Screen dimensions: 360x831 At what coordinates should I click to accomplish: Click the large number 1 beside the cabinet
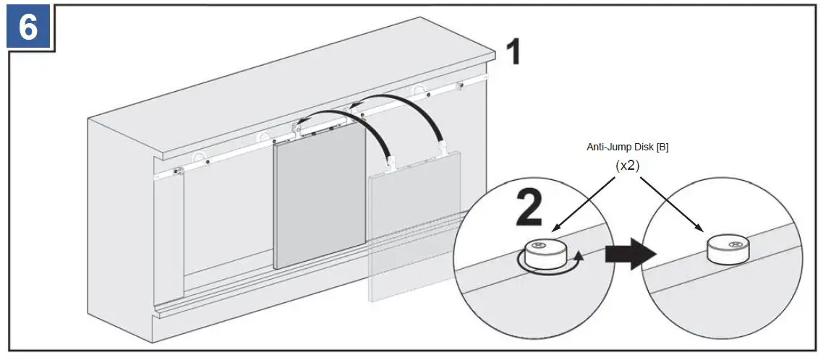[x=513, y=53]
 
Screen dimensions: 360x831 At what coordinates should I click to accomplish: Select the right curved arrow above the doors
[x=405, y=116]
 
